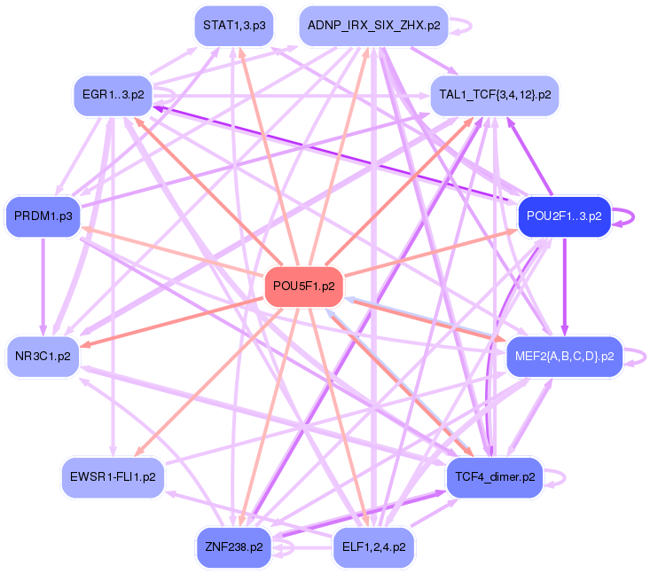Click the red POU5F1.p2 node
tap(304, 287)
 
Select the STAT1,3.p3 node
tap(233, 26)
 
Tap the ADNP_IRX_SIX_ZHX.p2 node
tap(373, 26)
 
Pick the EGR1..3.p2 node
tap(114, 93)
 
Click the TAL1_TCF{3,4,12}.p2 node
tap(495, 93)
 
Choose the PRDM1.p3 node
tap(43, 216)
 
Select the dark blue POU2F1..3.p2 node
tap(564, 216)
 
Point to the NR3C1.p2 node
tap(43, 358)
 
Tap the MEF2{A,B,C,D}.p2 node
tap(564, 358)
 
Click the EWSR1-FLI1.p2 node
tap(114, 476)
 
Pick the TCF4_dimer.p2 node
tap(495, 476)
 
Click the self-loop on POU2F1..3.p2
tap(630, 216)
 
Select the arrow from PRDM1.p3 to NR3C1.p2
tap(43, 284)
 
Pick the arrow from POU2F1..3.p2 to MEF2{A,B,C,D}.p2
tap(564, 284)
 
